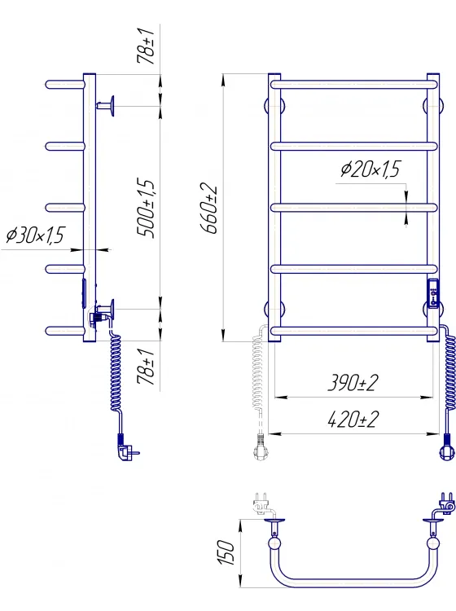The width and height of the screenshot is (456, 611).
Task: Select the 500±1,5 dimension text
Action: pyautogui.click(x=146, y=208)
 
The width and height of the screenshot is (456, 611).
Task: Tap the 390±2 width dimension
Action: pyautogui.click(x=353, y=382)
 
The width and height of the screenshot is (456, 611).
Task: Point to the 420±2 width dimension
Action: pyautogui.click(x=353, y=420)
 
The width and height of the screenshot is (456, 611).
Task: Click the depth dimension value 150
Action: pyautogui.click(x=226, y=552)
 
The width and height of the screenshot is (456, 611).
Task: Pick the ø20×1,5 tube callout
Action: pyautogui.click(x=370, y=169)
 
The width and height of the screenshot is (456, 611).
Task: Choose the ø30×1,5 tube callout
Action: pyautogui.click(x=35, y=235)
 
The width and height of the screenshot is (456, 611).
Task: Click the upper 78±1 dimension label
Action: pyautogui.click(x=146, y=46)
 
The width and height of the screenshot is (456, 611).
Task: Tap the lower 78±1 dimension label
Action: pyautogui.click(x=146, y=367)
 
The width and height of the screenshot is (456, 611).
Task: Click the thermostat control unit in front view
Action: pyautogui.click(x=433, y=293)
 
